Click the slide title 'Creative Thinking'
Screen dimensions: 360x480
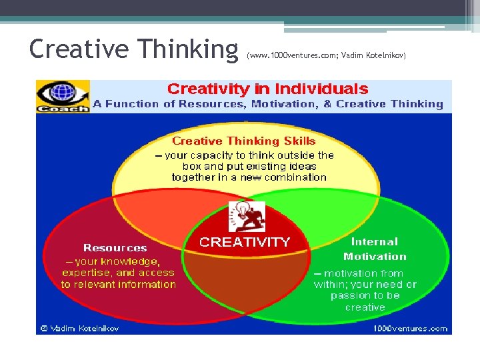point(133,48)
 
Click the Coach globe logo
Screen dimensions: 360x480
point(63,95)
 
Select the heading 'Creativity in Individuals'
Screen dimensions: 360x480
point(267,89)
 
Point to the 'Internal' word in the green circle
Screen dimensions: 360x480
point(374,242)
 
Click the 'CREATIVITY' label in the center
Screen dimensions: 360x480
point(245,242)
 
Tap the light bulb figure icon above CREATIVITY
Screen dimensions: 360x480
point(247,216)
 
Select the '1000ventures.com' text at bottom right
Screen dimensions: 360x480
point(409,328)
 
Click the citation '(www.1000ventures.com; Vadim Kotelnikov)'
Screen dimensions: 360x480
point(326,55)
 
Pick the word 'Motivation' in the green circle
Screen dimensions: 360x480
point(375,257)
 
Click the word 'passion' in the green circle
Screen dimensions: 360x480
point(349,296)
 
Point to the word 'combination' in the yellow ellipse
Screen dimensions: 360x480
point(292,177)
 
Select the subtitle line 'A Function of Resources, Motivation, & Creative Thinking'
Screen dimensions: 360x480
point(267,104)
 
